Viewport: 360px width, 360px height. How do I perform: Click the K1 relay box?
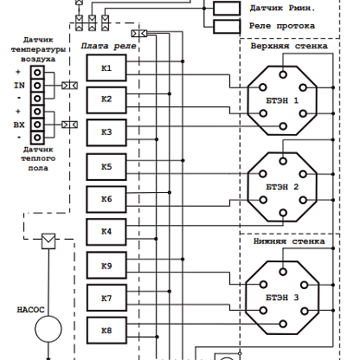[106, 68]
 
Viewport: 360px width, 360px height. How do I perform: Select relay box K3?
[106, 132]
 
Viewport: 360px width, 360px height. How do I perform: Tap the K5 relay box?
[106, 167]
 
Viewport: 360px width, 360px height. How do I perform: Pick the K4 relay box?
[106, 232]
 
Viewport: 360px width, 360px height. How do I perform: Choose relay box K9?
[106, 266]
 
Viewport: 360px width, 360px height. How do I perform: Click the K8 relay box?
[106, 331]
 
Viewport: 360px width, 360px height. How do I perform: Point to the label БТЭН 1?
[282, 100]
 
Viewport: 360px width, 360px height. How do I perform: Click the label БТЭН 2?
[282, 187]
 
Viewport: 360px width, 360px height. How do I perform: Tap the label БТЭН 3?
[282, 298]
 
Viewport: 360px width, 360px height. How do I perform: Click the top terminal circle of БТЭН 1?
[283, 74]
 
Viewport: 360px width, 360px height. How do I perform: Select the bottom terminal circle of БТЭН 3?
[283, 324]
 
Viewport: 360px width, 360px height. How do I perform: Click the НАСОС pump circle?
[48, 329]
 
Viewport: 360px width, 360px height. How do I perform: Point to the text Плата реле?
[108, 46]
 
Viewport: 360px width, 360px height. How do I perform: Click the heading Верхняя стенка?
[289, 46]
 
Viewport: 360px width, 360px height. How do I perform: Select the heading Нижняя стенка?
[289, 241]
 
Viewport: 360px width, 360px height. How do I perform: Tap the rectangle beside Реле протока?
[227, 27]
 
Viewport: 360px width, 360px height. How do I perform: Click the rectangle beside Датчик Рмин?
[227, 9]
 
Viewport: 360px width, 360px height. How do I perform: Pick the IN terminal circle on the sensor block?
[37, 86]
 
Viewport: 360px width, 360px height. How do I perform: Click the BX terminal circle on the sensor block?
[37, 125]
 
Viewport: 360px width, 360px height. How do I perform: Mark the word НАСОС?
[30, 310]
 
